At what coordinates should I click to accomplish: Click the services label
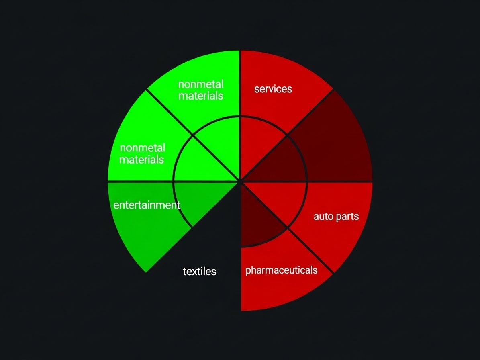(x=273, y=89)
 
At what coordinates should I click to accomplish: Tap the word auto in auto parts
(x=323, y=217)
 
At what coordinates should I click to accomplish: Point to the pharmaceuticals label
(x=281, y=270)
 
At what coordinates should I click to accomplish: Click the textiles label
(x=200, y=272)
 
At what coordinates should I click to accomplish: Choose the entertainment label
(x=147, y=205)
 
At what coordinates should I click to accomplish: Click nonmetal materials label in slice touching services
(x=201, y=90)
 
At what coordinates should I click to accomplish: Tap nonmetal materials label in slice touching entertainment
(x=142, y=154)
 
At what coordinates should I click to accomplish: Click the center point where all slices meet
(x=240, y=182)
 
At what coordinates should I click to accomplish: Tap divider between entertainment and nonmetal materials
(x=141, y=182)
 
